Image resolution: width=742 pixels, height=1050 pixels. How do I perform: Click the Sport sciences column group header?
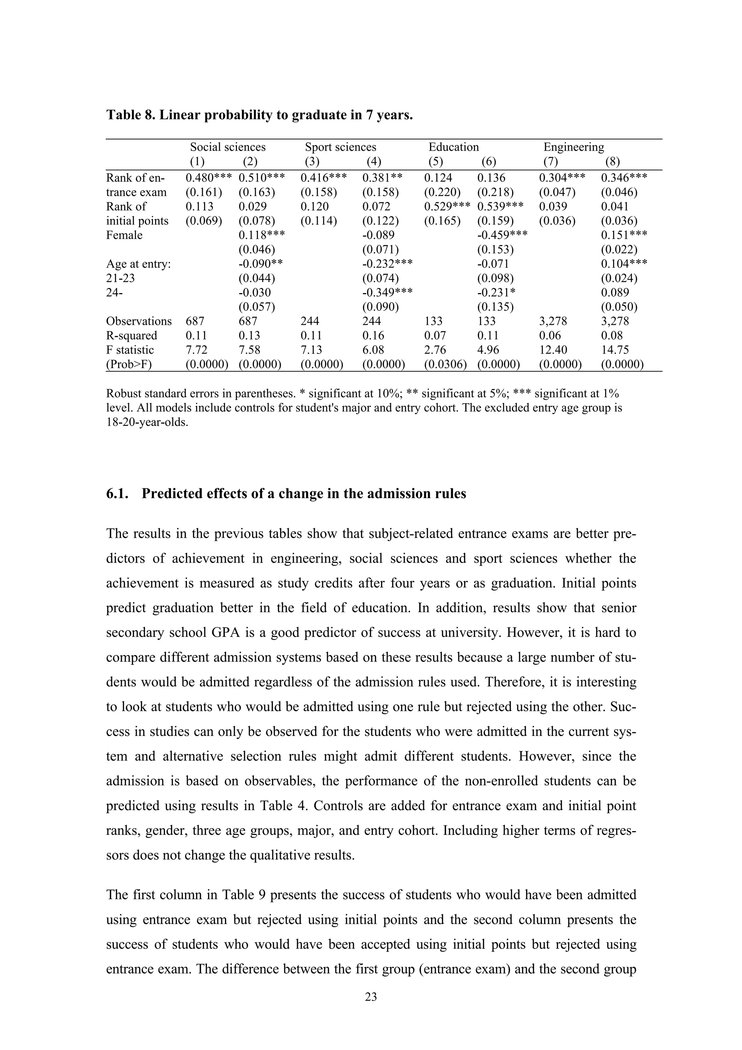[341, 147]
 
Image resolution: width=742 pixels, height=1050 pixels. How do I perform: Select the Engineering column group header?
[573, 147]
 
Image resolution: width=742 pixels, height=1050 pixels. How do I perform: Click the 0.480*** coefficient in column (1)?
[208, 178]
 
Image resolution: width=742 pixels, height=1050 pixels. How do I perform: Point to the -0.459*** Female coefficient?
[503, 235]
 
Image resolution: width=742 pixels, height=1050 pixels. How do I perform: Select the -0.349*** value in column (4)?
[387, 292]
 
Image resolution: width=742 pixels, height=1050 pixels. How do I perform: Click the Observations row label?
[138, 321]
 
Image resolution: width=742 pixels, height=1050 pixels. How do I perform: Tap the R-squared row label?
[131, 335]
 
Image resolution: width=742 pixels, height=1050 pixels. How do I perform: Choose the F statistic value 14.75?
[614, 350]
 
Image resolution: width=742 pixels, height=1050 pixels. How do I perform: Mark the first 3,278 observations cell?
[553, 321]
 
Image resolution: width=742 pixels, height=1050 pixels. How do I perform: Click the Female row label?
[124, 235]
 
